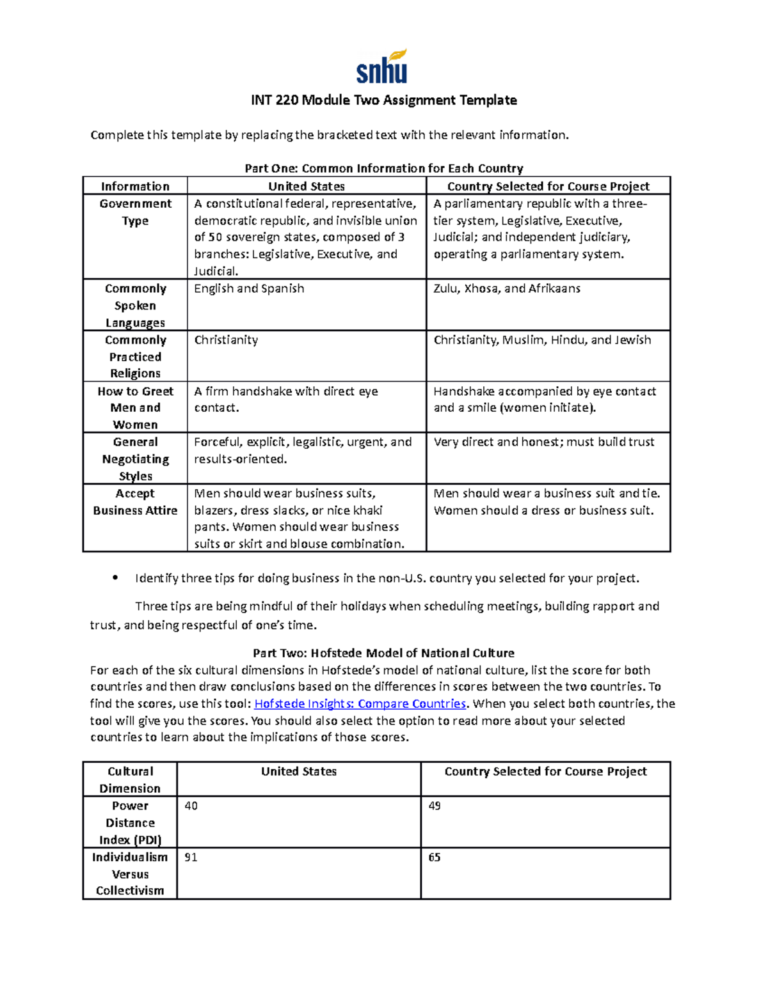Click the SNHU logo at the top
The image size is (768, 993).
pyautogui.click(x=382, y=67)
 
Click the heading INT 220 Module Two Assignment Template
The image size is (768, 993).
pyautogui.click(x=383, y=100)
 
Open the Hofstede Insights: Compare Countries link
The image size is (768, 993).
pyautogui.click(x=360, y=704)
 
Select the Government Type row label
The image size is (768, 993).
pyautogui.click(x=135, y=212)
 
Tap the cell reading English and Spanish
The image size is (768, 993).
pyautogui.click(x=249, y=289)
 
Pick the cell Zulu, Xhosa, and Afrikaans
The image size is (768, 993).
pyautogui.click(x=507, y=289)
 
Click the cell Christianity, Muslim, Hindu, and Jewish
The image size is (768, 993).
pyautogui.click(x=542, y=340)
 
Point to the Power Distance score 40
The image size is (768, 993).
pyautogui.click(x=191, y=806)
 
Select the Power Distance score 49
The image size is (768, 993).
pyautogui.click(x=435, y=806)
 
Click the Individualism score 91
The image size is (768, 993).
pyautogui.click(x=191, y=857)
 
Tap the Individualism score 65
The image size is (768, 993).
pyautogui.click(x=435, y=857)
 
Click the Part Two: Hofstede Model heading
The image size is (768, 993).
pyautogui.click(x=383, y=653)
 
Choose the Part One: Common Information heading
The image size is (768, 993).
pyautogui.click(x=383, y=169)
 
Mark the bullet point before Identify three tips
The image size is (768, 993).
pyautogui.click(x=115, y=578)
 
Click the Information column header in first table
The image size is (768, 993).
pyautogui.click(x=135, y=187)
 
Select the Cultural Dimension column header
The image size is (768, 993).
pyautogui.click(x=130, y=780)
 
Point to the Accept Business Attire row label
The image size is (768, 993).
pyautogui.click(x=135, y=502)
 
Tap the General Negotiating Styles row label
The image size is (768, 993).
pyautogui.click(x=135, y=459)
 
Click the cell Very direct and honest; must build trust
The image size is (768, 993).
pyautogui.click(x=544, y=442)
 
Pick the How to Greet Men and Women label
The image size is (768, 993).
pyautogui.click(x=135, y=408)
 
